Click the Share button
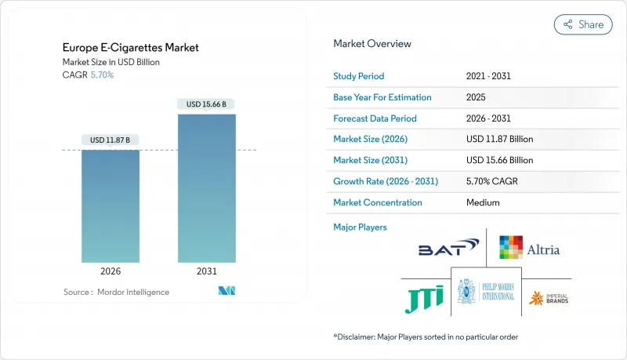(583, 24)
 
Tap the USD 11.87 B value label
(111, 140)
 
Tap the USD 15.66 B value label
(207, 104)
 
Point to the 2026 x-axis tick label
(111, 271)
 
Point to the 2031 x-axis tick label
(207, 271)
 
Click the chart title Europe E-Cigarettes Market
(131, 48)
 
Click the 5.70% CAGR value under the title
(103, 75)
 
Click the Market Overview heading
(372, 44)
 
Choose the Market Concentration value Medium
(483, 202)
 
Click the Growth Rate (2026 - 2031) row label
(386, 181)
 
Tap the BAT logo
(447, 249)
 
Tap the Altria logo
(530, 249)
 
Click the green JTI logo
(424, 297)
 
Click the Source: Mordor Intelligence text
(116, 292)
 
